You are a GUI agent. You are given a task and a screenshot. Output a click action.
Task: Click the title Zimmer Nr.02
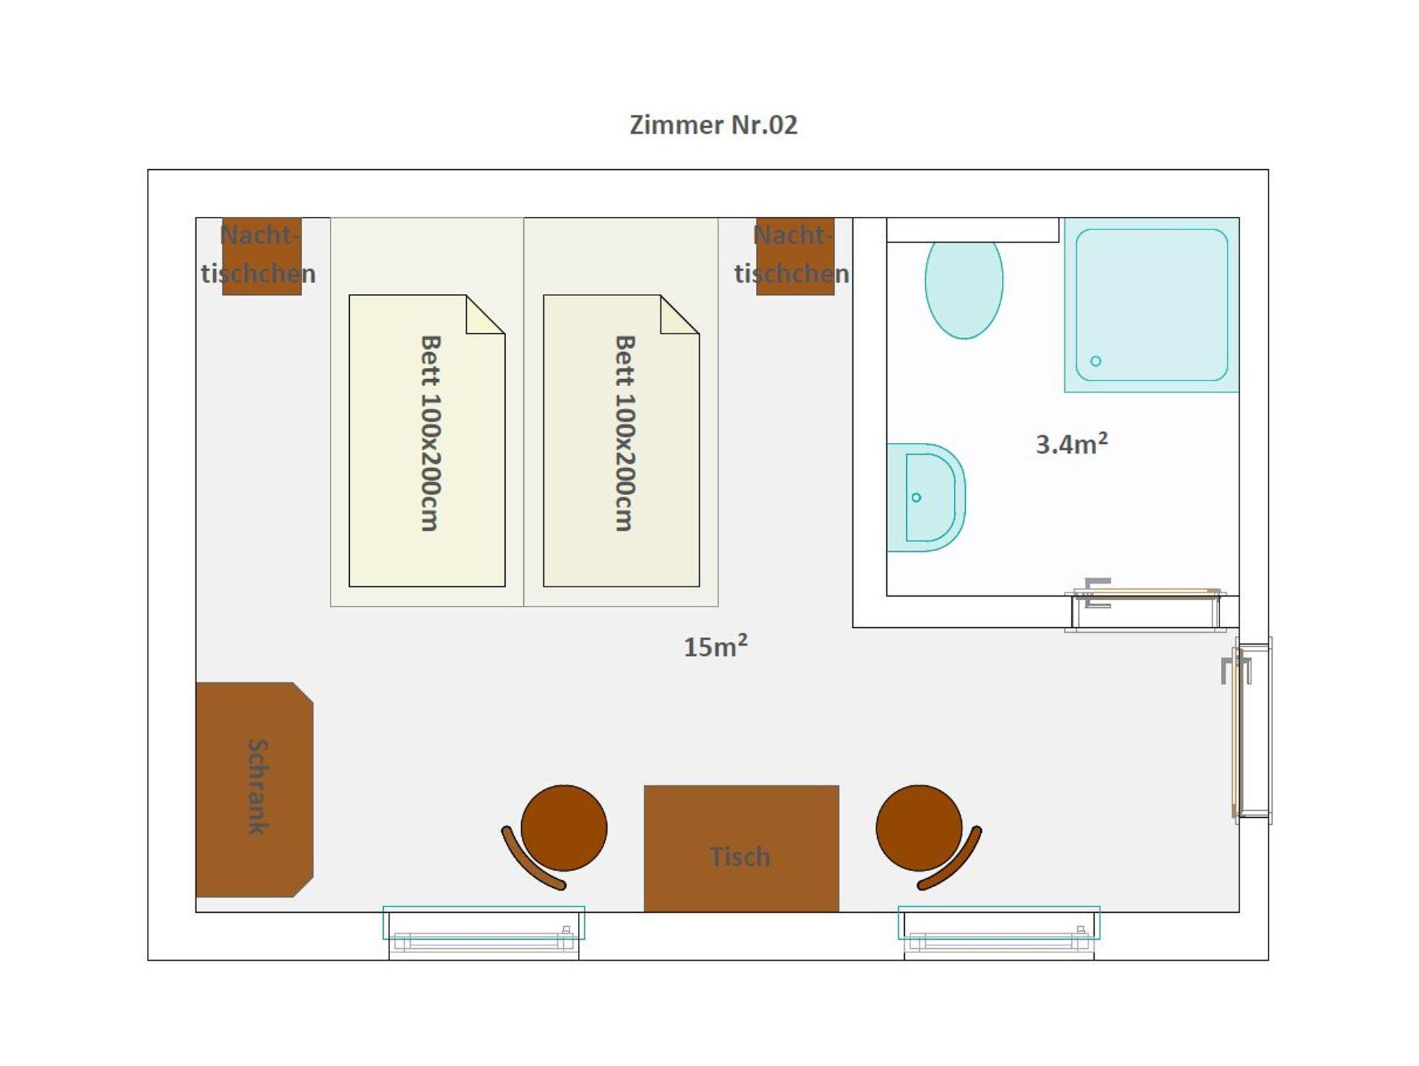[713, 125]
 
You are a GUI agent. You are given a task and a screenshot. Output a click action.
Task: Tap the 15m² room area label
[716, 646]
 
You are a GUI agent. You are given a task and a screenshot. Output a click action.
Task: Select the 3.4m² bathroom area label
[1071, 444]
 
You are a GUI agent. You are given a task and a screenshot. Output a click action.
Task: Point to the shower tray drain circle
[1095, 360]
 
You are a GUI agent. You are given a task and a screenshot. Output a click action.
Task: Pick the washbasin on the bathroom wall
[926, 498]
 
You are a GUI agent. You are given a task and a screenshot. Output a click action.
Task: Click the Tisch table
[741, 848]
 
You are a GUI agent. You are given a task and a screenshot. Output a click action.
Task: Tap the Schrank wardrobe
[254, 789]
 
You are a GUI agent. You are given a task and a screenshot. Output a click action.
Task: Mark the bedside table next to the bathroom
[795, 256]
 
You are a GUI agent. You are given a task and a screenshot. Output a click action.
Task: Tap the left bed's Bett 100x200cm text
[430, 433]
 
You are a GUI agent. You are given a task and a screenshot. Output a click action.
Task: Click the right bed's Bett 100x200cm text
[624, 433]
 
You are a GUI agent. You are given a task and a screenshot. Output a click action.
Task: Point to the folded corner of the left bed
[485, 315]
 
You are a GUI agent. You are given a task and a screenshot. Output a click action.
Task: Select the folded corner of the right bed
[680, 315]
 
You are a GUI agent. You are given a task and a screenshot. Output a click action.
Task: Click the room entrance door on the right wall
[1248, 731]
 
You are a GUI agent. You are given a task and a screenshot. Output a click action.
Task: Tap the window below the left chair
[484, 932]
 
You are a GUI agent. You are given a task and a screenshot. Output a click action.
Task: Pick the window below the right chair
[999, 932]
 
